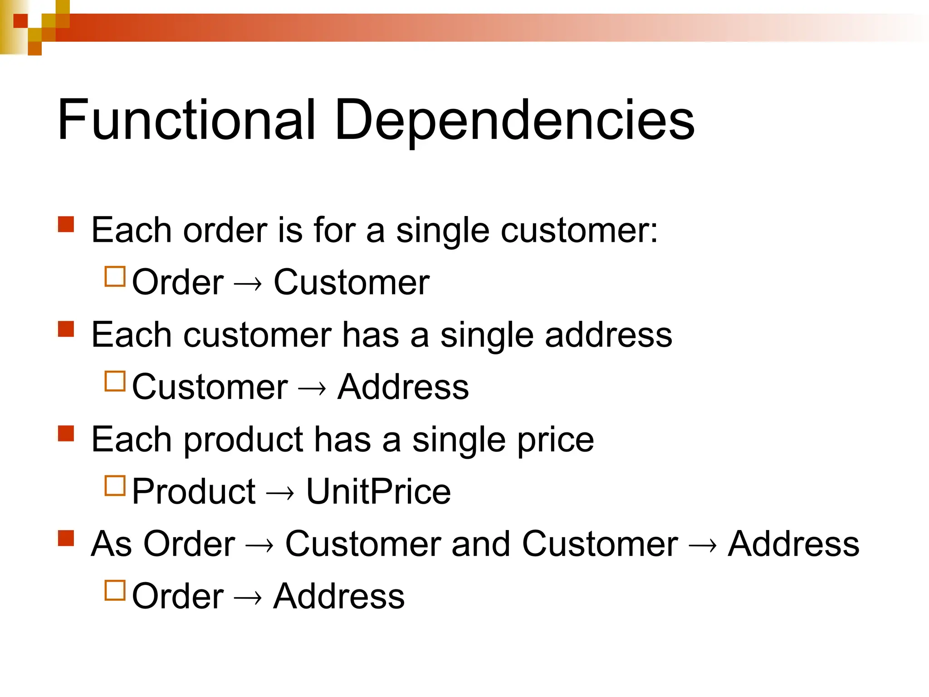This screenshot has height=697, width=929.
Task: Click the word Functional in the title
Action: pyautogui.click(x=186, y=120)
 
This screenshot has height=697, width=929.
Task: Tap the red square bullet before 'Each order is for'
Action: pyautogui.click(x=66, y=224)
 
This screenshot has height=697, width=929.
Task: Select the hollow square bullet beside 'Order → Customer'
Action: pyautogui.click(x=115, y=276)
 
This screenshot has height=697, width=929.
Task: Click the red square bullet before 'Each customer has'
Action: pyautogui.click(x=66, y=329)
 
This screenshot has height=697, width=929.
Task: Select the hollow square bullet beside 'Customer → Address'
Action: pyautogui.click(x=115, y=381)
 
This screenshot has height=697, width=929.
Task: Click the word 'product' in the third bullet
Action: pyautogui.click(x=243, y=440)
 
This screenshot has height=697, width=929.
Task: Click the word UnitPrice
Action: pyautogui.click(x=378, y=491)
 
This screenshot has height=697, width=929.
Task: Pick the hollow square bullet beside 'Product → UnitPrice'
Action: pyautogui.click(x=115, y=486)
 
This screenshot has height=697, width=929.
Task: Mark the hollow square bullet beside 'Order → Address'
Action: pyautogui.click(x=115, y=590)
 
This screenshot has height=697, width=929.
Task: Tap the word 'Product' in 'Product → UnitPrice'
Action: pyautogui.click(x=194, y=491)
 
